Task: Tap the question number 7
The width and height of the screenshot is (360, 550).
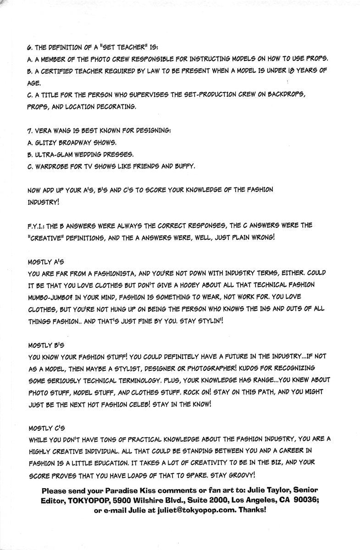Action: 30,130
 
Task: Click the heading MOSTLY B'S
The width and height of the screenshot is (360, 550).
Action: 46,344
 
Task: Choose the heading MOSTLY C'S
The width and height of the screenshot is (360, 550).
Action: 46,427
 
